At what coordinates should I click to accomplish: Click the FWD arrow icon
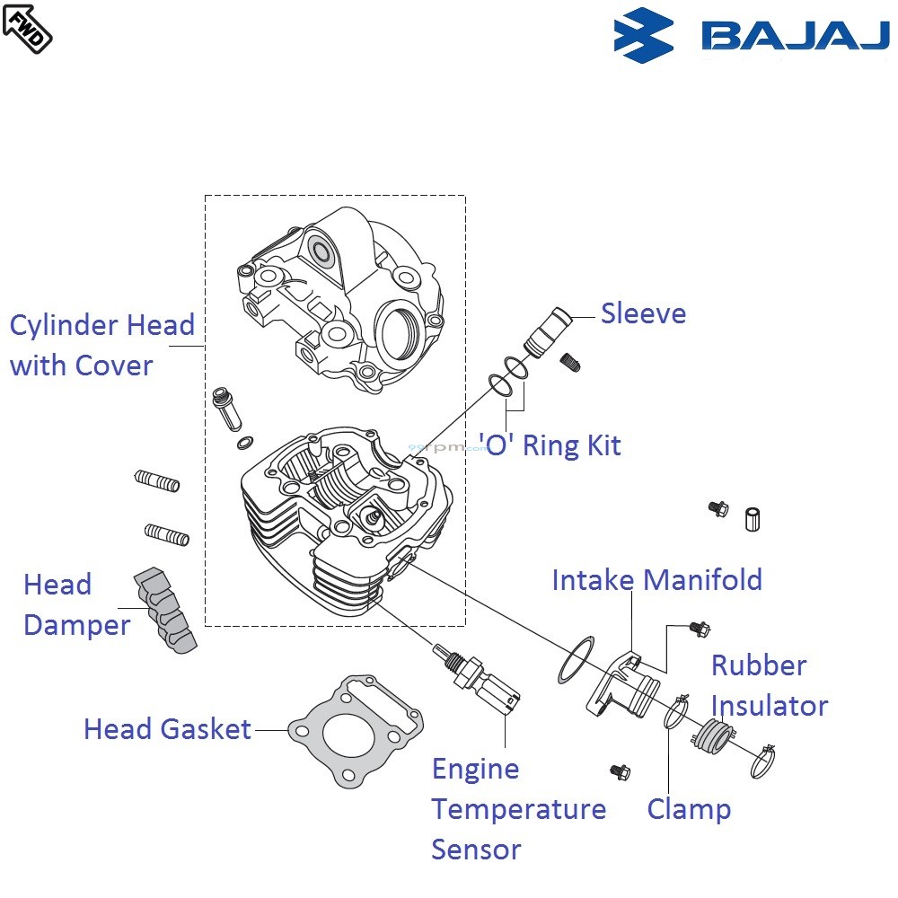(27, 26)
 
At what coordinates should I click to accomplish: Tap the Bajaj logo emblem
(643, 35)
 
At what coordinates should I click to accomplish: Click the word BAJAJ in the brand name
(794, 36)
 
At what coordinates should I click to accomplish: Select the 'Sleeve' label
(643, 313)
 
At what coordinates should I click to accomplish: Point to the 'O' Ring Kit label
(550, 445)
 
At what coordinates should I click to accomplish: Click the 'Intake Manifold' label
(656, 580)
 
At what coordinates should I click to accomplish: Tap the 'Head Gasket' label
(167, 728)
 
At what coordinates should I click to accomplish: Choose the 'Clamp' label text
(689, 809)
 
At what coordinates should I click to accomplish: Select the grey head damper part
(166, 609)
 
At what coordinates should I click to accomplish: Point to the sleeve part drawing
(546, 330)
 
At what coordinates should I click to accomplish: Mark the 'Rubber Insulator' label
(769, 685)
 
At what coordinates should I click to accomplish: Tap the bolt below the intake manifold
(620, 771)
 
